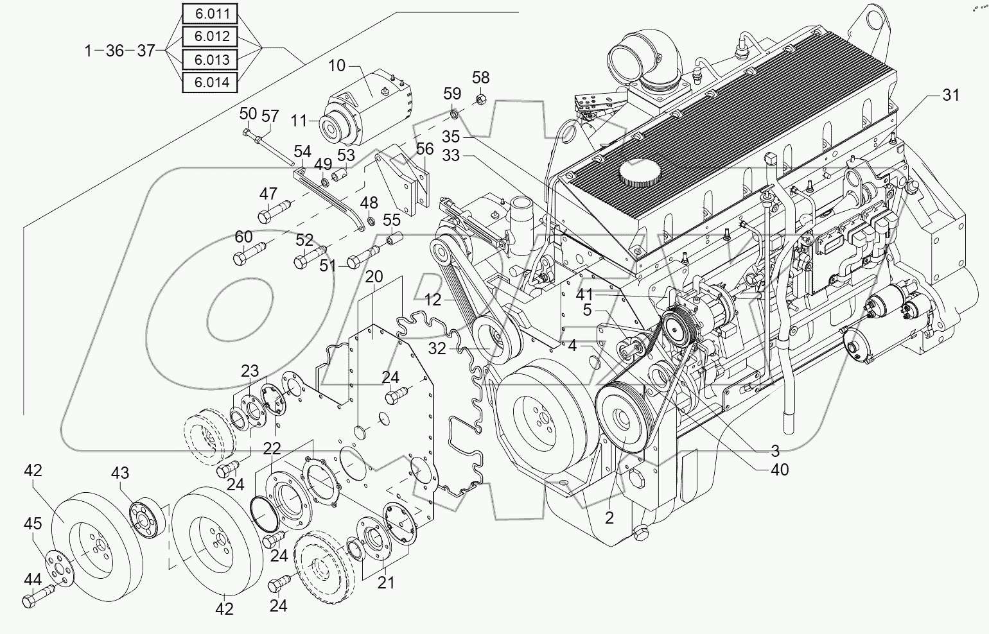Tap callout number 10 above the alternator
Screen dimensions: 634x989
pos(337,65)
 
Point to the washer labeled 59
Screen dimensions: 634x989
pos(453,114)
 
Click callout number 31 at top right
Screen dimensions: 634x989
pos(950,95)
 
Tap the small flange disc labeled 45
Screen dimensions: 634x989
pos(57,563)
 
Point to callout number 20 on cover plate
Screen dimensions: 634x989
pos(374,277)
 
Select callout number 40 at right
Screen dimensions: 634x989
pos(780,470)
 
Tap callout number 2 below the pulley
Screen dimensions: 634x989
pos(609,518)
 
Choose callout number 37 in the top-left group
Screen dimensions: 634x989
pos(146,50)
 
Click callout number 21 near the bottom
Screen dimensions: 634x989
pos(385,582)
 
